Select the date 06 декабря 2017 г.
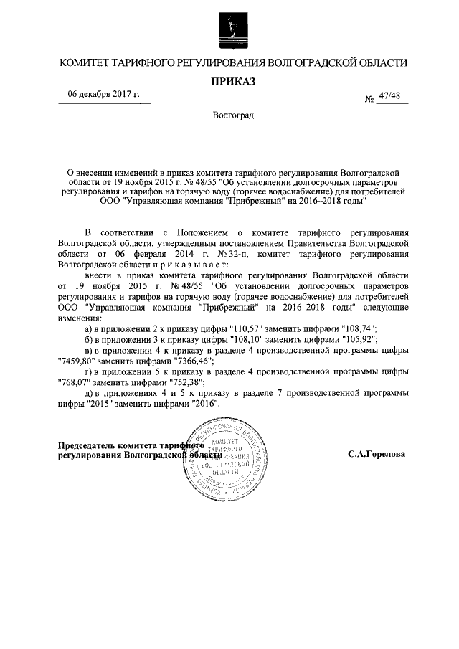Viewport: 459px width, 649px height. pyautogui.click(x=103, y=95)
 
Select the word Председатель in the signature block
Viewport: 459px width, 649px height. pyautogui.click(x=87, y=445)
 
